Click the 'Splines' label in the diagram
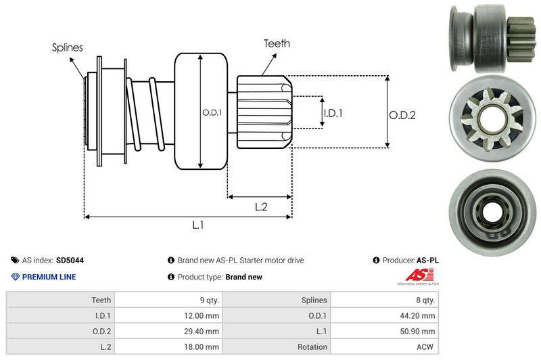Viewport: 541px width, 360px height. [68, 47]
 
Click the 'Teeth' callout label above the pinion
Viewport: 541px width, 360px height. [277, 43]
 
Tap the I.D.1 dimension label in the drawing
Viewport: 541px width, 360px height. [333, 113]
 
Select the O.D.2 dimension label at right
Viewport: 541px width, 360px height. [402, 115]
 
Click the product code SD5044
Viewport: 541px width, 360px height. [70, 260]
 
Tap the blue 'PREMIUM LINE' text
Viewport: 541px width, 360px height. [49, 277]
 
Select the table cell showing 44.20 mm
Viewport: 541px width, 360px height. [419, 315]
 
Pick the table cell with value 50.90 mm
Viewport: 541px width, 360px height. [419, 331]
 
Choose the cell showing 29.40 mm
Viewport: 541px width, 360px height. [203, 331]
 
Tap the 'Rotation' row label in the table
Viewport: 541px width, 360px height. [312, 347]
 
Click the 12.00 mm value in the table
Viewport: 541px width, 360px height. [203, 315]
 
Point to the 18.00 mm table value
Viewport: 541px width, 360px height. [203, 347]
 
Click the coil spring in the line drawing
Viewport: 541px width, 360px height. [143, 112]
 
